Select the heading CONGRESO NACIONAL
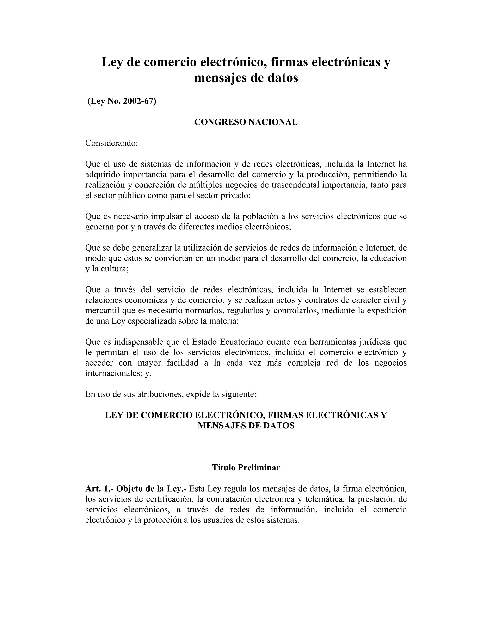246,122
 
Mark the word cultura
114,269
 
